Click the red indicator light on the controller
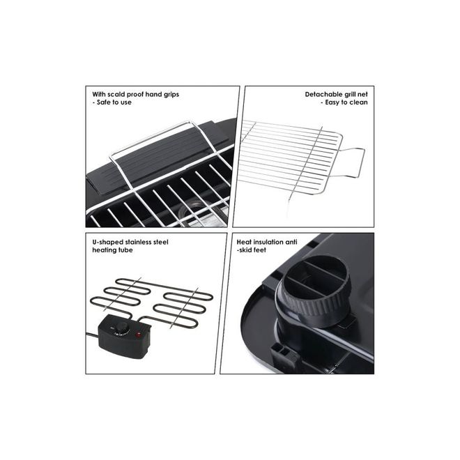click(x=137, y=335)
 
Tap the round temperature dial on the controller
click(x=121, y=328)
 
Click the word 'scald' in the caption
click(x=116, y=95)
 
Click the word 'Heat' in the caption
click(x=244, y=243)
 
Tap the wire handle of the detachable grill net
click(x=352, y=162)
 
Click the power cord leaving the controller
click(x=93, y=335)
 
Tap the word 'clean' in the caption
click(x=358, y=102)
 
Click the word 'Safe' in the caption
click(x=103, y=102)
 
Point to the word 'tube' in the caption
click(x=125, y=250)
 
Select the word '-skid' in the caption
click(x=244, y=250)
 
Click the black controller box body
click(x=125, y=337)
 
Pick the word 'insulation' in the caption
click(x=269, y=243)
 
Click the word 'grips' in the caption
click(x=169, y=95)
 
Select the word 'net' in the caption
click(x=362, y=95)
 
